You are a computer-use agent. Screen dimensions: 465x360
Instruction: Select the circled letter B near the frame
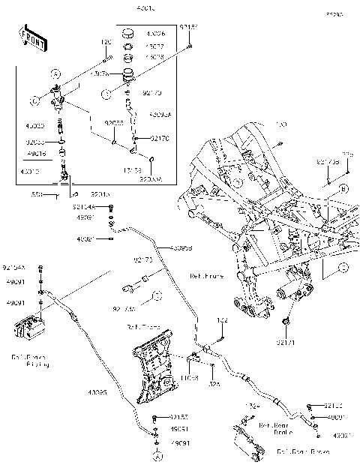343,188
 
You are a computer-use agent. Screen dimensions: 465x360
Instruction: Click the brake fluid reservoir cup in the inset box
128,76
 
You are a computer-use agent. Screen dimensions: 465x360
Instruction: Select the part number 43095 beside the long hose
98,391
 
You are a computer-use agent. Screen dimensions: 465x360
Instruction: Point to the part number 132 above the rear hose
222,320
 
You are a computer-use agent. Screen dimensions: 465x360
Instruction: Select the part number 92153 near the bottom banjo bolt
178,416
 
